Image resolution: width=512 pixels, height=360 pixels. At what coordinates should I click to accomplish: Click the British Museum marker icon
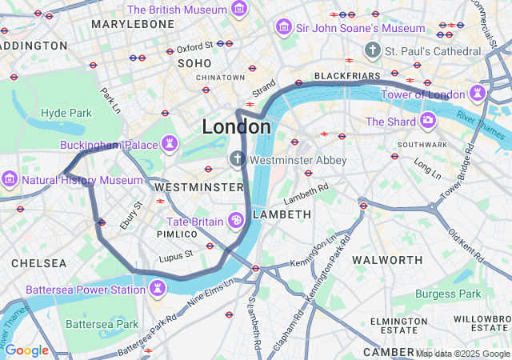point(238,10)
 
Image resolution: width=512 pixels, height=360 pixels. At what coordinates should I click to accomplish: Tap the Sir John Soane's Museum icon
point(283,28)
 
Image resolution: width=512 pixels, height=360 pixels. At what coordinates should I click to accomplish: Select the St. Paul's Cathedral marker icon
point(371,51)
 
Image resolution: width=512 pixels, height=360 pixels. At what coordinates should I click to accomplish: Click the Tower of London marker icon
point(478,94)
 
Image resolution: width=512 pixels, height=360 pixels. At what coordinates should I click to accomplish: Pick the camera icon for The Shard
point(428,122)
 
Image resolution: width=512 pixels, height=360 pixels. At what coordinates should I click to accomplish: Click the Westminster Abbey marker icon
point(237,159)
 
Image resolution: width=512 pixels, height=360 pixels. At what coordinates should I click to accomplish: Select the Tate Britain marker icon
point(237,220)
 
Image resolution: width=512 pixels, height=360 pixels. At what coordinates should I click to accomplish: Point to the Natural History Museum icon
point(10,179)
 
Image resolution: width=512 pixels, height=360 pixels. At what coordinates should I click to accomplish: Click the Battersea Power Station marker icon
point(158,289)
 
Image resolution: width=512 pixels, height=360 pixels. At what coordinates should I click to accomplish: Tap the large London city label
point(236,126)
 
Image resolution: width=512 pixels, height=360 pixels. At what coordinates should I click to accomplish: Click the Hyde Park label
point(66,113)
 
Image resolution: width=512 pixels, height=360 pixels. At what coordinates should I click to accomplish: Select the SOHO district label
point(194,62)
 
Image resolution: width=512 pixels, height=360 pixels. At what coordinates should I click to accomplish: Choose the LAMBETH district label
point(282,214)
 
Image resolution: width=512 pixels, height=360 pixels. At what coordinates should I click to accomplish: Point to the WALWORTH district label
point(387,260)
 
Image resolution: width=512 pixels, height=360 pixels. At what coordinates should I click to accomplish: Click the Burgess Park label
point(448,294)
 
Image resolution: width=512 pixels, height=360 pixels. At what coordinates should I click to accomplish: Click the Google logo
point(26,350)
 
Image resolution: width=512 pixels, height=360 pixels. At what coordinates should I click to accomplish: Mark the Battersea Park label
point(102,324)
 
